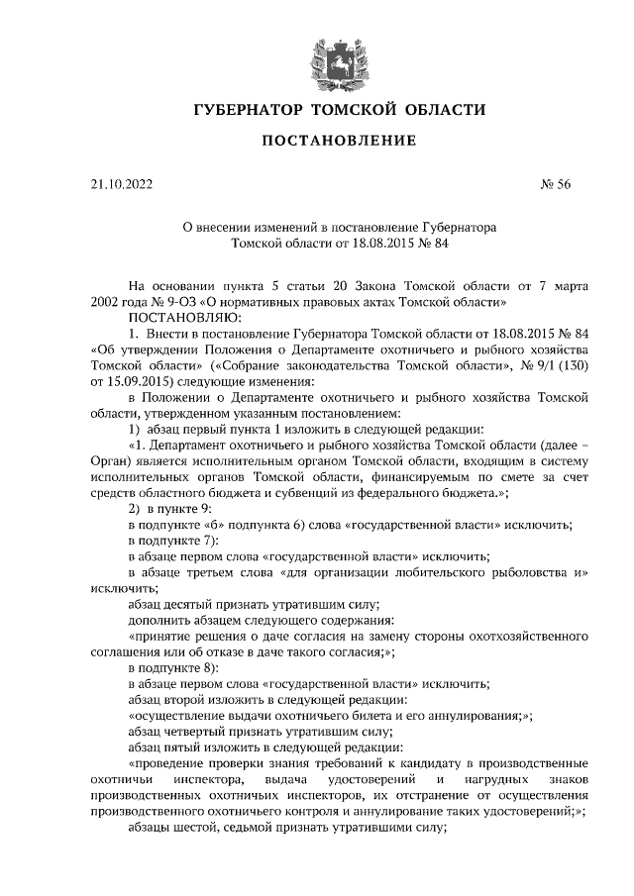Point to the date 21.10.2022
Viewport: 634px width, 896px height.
click(x=121, y=183)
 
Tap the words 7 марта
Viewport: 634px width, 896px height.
click(x=543, y=284)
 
